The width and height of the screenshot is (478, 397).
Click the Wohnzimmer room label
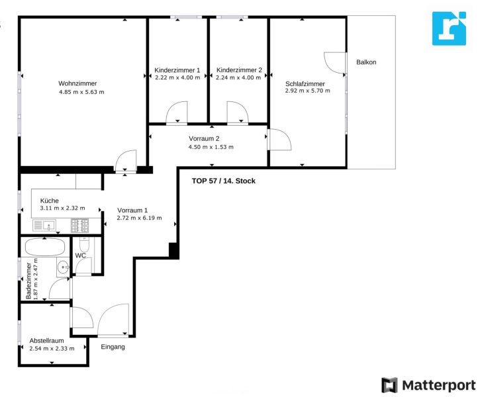[77, 83]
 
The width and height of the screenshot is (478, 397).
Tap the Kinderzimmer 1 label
[177, 69]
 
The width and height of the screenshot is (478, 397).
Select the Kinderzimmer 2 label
[239, 69]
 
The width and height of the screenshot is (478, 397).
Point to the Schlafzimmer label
[305, 83]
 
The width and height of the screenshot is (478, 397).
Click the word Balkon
[366, 62]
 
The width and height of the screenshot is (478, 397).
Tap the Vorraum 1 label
[132, 210]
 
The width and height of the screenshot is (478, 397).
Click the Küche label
[50, 200]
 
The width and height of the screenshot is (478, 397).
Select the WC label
[80, 255]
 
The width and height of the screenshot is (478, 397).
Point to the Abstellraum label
[46, 340]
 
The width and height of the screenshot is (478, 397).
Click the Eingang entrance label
[113, 347]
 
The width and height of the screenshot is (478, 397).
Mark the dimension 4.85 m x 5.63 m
[81, 92]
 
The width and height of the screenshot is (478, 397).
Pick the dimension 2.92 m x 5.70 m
[307, 91]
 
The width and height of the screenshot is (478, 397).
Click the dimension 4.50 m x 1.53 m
[211, 147]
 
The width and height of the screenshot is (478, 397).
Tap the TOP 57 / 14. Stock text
[223, 181]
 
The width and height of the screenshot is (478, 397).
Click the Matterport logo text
[436, 384]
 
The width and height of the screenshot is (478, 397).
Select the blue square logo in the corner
[449, 28]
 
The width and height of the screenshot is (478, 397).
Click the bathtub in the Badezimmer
[44, 248]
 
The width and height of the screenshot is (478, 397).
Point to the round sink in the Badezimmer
[62, 267]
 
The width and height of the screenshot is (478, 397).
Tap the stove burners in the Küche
[79, 226]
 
